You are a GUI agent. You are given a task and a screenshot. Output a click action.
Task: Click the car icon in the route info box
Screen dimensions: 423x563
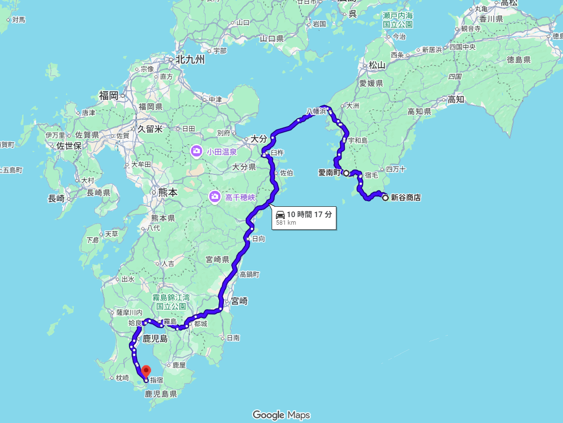tap(280, 215)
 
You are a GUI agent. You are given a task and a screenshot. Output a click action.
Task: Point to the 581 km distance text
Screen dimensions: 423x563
tap(286, 223)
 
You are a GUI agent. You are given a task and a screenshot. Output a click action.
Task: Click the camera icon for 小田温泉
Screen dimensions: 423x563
tap(197, 151)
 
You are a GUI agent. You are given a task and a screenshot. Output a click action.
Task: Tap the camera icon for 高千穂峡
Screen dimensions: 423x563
tap(214, 196)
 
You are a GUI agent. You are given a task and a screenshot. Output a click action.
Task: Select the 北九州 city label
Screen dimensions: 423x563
tap(190, 60)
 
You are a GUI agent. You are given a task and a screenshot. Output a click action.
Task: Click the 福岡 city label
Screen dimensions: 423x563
tap(108, 96)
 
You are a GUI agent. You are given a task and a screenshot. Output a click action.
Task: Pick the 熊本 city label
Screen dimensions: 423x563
tap(167, 192)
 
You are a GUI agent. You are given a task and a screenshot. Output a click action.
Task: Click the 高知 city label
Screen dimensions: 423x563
tap(456, 99)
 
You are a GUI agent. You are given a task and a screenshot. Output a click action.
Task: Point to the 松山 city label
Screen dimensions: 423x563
tap(376, 65)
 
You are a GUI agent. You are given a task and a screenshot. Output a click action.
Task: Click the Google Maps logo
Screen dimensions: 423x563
tap(281, 415)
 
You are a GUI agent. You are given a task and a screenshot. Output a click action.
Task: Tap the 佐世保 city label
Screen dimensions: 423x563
tap(69, 146)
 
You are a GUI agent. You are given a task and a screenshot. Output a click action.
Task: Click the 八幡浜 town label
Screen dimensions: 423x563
tap(316, 111)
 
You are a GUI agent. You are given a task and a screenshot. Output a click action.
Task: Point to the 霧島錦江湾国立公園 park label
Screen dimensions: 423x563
tap(170, 302)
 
